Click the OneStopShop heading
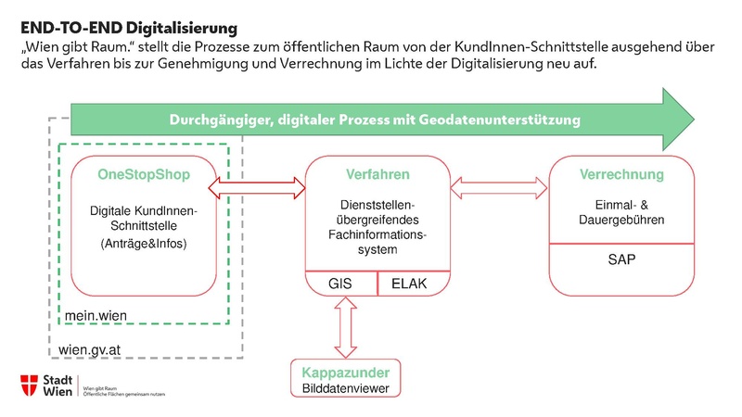143,174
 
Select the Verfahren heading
378,174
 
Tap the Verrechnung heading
621,174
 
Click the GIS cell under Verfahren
342,284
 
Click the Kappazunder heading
346,373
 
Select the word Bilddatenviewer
346,388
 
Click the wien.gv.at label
92,349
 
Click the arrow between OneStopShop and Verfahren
260,189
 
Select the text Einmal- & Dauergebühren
621,211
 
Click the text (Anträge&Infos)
143,243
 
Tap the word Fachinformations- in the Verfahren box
378,234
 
